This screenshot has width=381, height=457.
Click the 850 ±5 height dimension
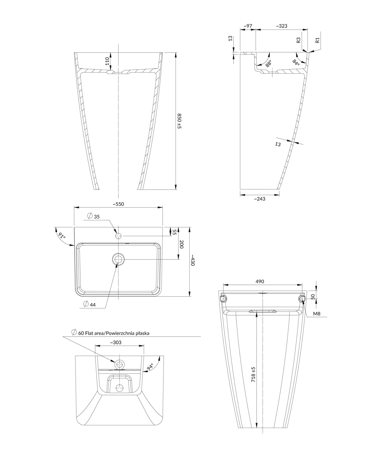179,121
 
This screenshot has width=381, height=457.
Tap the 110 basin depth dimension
107,61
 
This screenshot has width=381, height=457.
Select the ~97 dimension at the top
248,26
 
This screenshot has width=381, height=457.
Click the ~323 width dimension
281,26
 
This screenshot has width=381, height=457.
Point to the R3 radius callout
298,40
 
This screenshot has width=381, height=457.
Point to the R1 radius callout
317,40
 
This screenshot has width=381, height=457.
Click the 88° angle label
268,63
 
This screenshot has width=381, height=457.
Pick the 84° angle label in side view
296,62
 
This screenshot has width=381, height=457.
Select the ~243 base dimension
260,199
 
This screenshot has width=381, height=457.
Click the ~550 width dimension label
118,204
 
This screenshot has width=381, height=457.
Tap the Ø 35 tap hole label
94,217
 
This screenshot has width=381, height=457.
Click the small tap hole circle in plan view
118,236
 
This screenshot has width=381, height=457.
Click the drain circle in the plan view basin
118,259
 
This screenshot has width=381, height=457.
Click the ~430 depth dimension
193,260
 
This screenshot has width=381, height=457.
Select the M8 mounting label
316,314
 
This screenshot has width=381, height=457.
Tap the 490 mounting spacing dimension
260,281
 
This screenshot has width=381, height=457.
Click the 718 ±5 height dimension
253,374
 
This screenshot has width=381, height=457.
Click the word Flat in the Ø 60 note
89,333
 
